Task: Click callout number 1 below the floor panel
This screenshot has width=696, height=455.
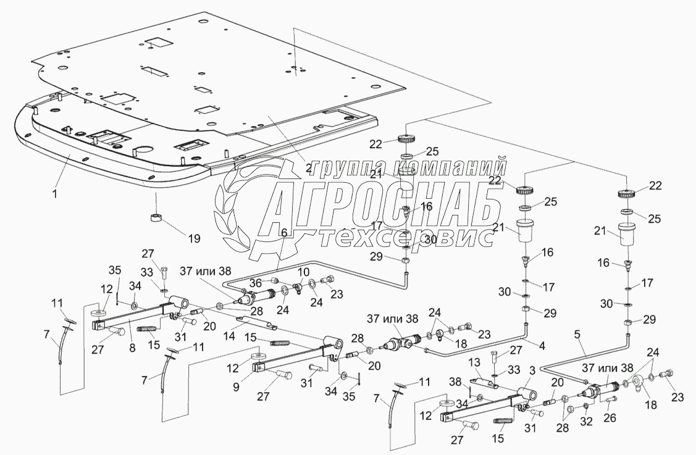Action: point(55,194)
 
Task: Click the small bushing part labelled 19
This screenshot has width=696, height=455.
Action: point(156,218)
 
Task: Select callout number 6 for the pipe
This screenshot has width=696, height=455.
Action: point(284,233)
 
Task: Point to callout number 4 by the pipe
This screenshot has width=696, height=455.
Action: point(541,346)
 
